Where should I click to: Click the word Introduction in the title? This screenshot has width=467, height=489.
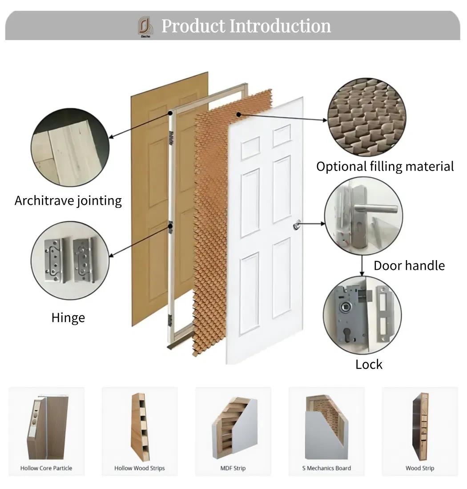tap(280, 26)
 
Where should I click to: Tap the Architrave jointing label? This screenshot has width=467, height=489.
tap(68, 200)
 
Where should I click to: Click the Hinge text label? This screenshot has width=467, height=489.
tap(68, 318)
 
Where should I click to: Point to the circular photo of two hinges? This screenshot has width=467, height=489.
tap(69, 261)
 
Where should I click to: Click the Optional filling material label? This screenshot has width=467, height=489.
tap(385, 167)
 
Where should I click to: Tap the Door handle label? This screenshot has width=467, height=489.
tap(409, 265)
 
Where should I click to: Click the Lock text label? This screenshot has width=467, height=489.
tap(369, 364)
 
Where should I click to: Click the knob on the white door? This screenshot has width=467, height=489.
tap(297, 226)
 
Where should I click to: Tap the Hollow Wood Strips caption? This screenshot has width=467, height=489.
tap(139, 468)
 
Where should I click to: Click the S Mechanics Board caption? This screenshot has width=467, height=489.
tap(326, 468)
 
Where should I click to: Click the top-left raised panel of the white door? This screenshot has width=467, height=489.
tap(250, 148)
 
